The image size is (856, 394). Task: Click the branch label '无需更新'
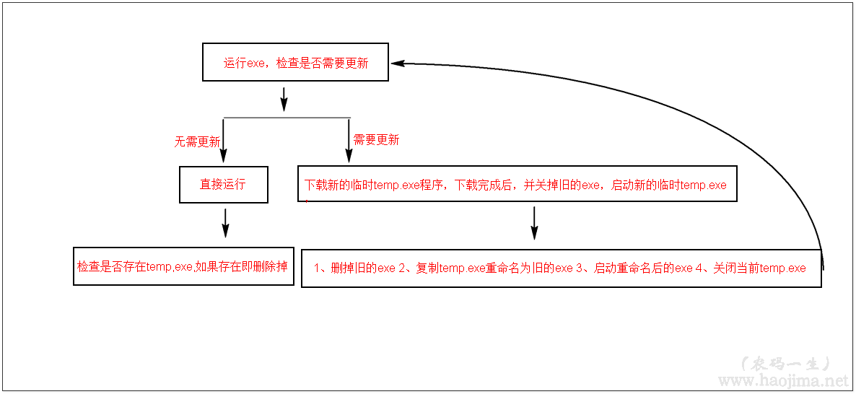[197, 142]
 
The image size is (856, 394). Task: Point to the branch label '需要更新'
[376, 140]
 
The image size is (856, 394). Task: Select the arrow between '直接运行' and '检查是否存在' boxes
[224, 223]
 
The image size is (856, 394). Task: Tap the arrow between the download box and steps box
[534, 223]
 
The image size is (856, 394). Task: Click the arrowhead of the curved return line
[396, 63]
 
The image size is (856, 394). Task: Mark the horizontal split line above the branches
[287, 118]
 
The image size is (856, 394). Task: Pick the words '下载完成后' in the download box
[483, 185]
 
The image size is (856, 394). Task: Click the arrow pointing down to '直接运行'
[224, 140]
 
